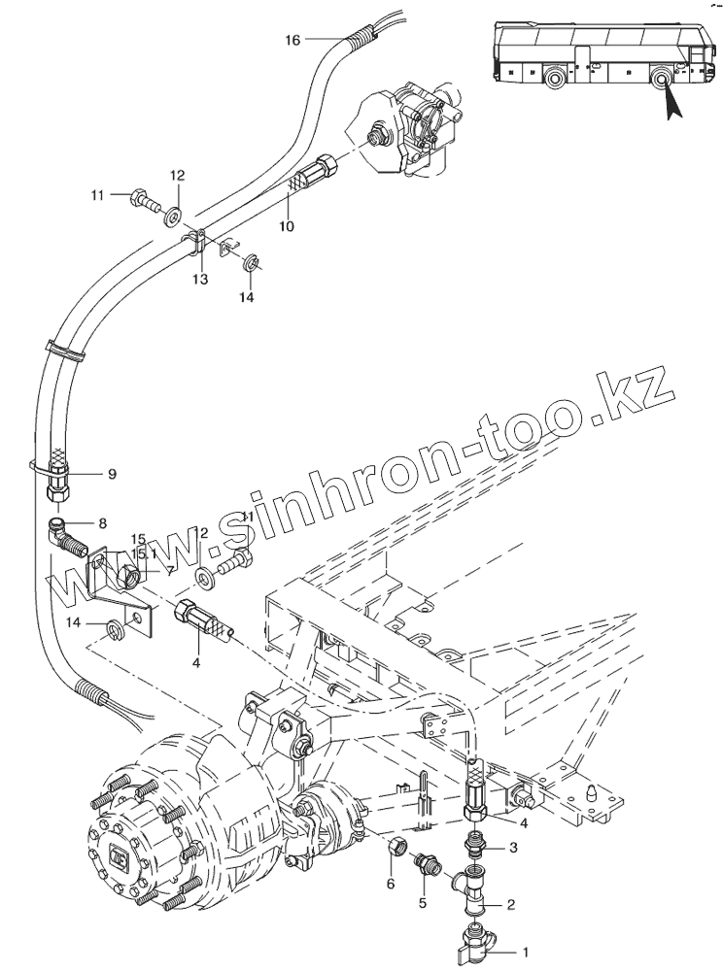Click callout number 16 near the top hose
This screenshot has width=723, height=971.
(x=293, y=40)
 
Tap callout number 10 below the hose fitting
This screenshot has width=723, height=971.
(x=288, y=226)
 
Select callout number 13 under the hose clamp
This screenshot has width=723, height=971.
(x=199, y=280)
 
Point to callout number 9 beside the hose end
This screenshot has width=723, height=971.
(x=112, y=474)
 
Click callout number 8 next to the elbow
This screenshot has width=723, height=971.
(x=102, y=521)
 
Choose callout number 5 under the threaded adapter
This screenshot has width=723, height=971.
(x=423, y=903)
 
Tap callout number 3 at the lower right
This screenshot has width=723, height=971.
(x=513, y=848)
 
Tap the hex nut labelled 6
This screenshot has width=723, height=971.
(x=396, y=849)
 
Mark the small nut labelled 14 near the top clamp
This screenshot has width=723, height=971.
(x=250, y=260)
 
